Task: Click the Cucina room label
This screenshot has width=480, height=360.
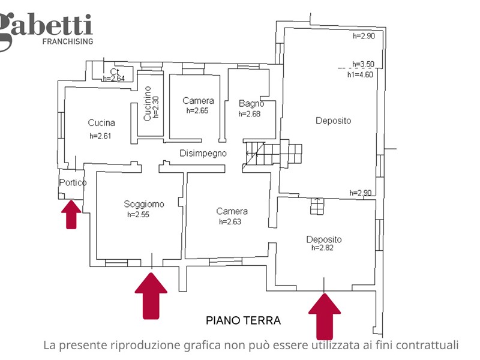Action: (101, 123)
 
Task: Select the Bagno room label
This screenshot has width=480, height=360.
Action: (251, 103)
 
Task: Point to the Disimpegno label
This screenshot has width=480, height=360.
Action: (203, 153)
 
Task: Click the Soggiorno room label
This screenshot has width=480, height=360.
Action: (144, 203)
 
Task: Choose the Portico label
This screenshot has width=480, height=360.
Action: (73, 182)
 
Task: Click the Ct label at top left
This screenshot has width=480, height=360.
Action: (114, 71)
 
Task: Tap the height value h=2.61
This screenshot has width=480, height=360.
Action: (100, 136)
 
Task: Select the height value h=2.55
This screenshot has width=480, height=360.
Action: (138, 214)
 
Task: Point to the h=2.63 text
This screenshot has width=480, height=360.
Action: (230, 221)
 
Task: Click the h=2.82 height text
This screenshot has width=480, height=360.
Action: (322, 247)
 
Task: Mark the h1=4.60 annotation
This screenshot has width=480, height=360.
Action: (360, 74)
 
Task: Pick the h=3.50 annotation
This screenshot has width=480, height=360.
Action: (363, 64)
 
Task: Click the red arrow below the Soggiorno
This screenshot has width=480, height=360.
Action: (151, 294)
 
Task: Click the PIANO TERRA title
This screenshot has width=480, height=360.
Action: (243, 320)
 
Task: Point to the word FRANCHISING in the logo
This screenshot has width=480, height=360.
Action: (67, 41)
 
